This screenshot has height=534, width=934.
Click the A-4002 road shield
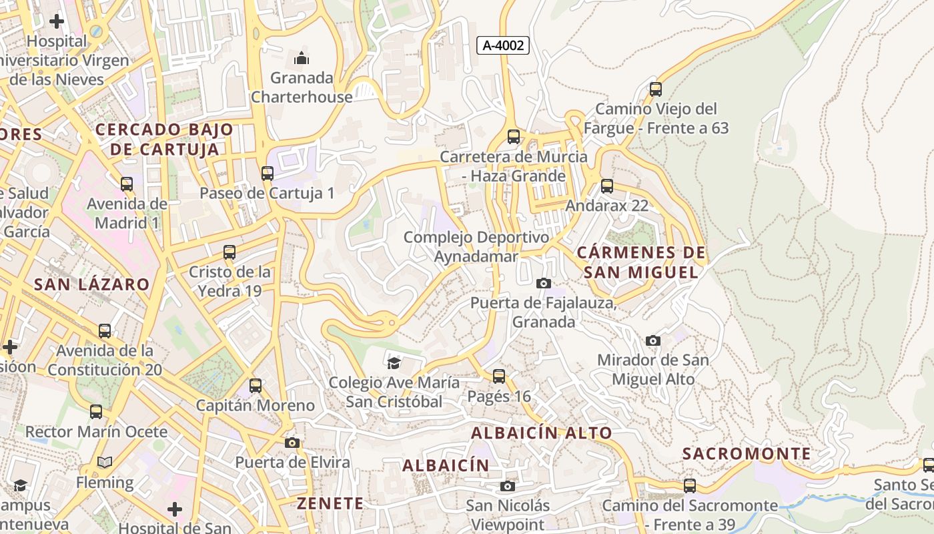click(x=504, y=45)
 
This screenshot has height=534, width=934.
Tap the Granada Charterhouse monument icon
click(x=302, y=59)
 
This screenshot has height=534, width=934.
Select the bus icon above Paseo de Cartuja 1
click(x=268, y=174)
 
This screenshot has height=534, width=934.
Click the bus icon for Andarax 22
click(x=607, y=186)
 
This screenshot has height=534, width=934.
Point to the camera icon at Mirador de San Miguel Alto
click(x=653, y=341)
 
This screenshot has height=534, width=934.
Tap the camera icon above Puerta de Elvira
click(x=292, y=443)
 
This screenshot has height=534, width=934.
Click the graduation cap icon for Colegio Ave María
click(x=394, y=363)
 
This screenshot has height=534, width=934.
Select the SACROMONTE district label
click(x=747, y=454)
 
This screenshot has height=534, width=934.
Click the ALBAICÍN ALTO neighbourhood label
click(x=542, y=433)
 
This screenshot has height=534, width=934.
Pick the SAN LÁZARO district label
click(x=92, y=284)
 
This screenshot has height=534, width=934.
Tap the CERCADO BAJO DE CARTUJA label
click(x=164, y=139)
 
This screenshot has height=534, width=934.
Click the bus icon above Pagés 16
click(x=499, y=376)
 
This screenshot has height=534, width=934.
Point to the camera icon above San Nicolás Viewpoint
click(x=508, y=486)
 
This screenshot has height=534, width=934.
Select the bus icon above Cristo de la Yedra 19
click(x=229, y=252)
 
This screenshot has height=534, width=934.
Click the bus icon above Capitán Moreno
click(x=256, y=386)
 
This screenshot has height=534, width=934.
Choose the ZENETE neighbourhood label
click(x=330, y=503)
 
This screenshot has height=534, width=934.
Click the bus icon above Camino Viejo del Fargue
click(x=656, y=89)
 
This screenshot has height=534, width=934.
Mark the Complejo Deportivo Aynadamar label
click(x=476, y=247)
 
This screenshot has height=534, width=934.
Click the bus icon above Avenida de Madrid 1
click(x=127, y=184)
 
